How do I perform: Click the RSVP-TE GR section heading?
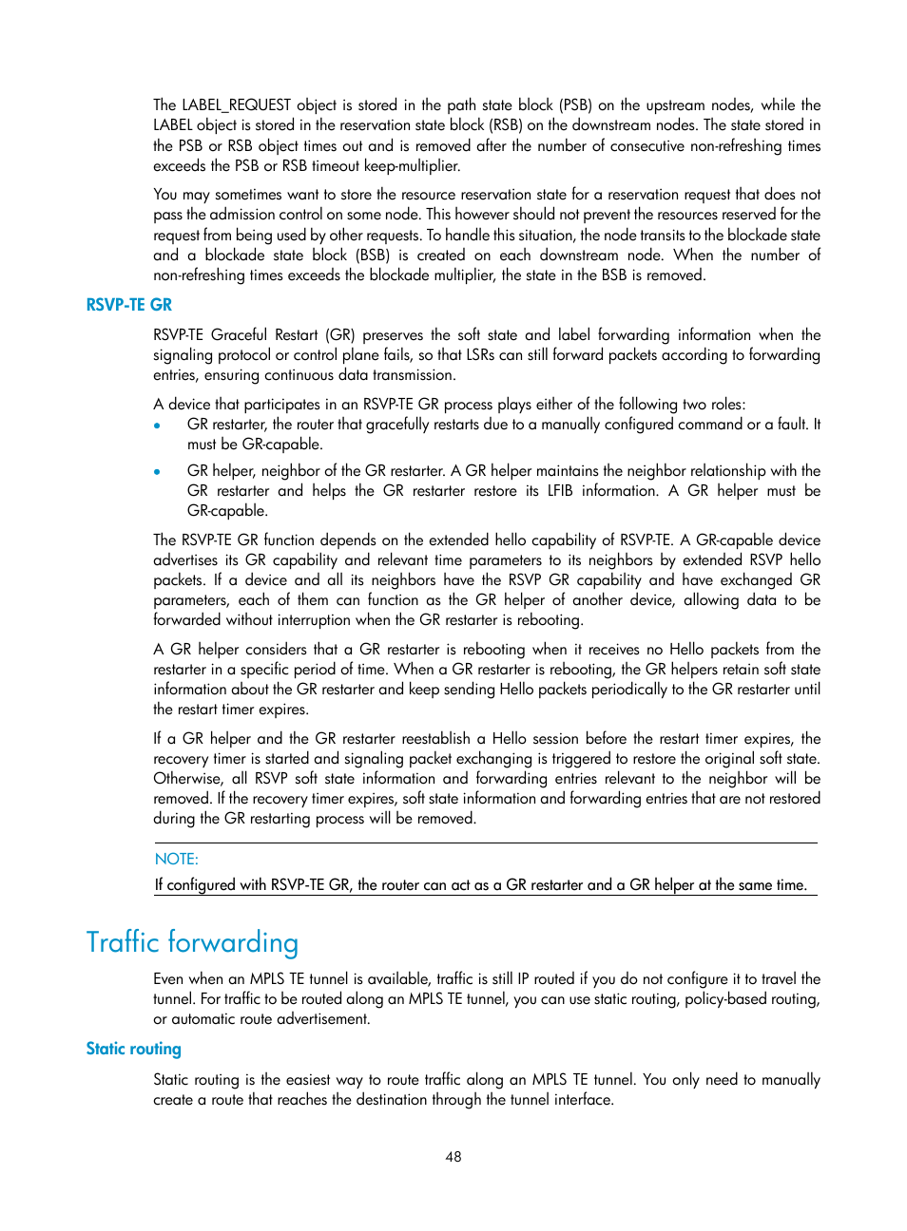point(128,305)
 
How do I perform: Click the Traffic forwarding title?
point(192,942)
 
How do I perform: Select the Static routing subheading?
point(133,1049)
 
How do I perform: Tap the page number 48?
point(453,1157)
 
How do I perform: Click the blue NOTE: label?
point(177,859)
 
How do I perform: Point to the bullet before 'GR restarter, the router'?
point(157,426)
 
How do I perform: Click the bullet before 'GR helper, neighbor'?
point(157,471)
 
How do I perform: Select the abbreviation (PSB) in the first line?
point(574,105)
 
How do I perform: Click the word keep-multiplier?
point(412,166)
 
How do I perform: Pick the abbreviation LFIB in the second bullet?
point(564,491)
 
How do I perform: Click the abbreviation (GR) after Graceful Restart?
point(339,335)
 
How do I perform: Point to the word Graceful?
point(239,335)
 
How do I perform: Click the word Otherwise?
point(187,779)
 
